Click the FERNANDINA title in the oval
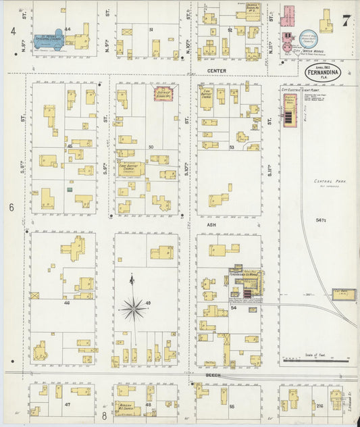pyautogui.click(x=322, y=72)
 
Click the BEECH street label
pyautogui.click(x=211, y=372)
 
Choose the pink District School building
pyautogui.click(x=163, y=94)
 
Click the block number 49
pyautogui.click(x=148, y=302)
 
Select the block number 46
pyautogui.click(x=66, y=303)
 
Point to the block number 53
pyautogui.click(x=231, y=147)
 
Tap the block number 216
pyautogui.click(x=319, y=405)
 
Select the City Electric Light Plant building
pyautogui.click(x=290, y=109)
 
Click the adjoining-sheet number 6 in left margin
pyautogui.click(x=12, y=208)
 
